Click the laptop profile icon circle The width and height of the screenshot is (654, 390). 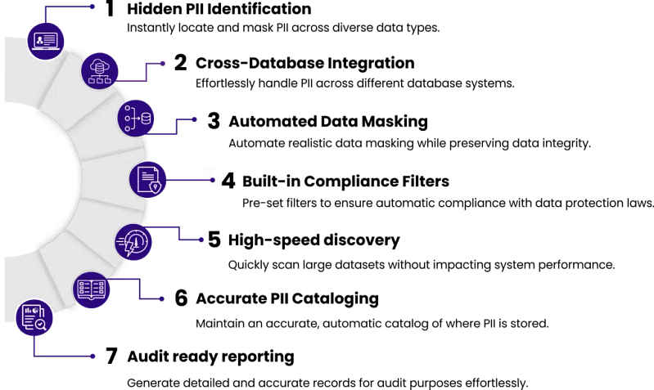(45, 40)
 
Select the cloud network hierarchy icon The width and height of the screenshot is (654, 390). (99, 71)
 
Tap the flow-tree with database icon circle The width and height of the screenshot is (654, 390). (135, 119)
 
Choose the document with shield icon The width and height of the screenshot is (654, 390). (147, 179)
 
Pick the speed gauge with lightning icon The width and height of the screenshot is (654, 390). (133, 242)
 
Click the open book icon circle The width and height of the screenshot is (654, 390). (91, 289)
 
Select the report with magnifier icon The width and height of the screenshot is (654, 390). (34, 317)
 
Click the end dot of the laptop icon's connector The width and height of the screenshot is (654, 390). (92, 7)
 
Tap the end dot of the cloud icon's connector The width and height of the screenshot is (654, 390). (163, 63)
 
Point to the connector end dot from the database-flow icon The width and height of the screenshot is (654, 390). (194, 119)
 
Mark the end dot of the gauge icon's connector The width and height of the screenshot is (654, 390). (201, 240)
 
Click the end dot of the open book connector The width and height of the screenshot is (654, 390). (162, 299)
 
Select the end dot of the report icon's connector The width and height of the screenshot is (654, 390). (93, 356)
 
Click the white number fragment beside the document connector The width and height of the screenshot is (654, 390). (209, 175)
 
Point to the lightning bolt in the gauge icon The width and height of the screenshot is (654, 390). (129, 247)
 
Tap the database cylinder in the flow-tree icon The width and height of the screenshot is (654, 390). (146, 119)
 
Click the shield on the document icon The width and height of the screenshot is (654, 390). (155, 186)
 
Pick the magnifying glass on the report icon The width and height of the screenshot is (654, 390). (40, 325)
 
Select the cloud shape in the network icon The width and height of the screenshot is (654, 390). (99, 64)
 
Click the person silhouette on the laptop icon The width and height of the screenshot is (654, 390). (39, 39)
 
